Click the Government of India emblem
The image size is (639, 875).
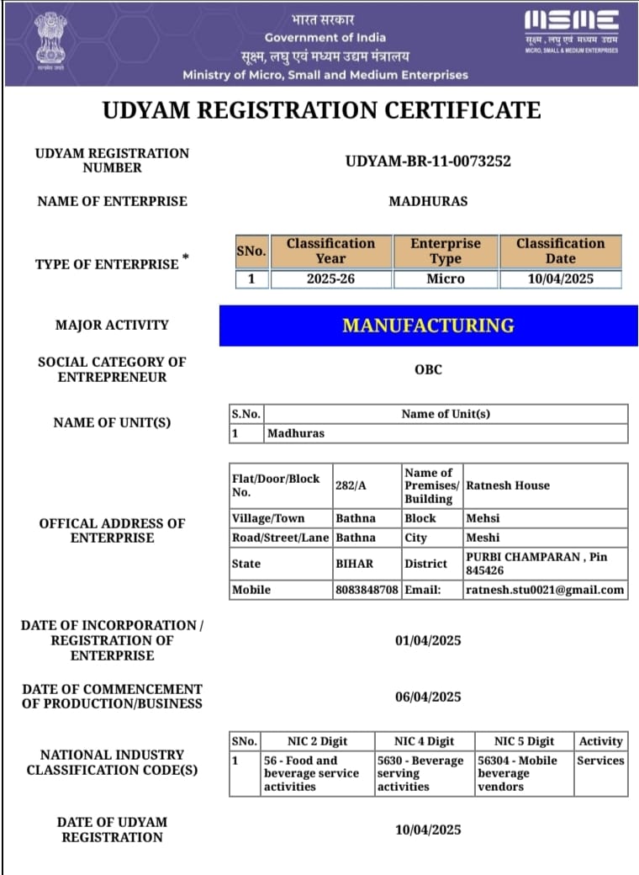(x=50, y=40)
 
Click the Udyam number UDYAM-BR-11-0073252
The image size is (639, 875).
(x=428, y=161)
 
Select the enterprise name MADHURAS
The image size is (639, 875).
(x=428, y=201)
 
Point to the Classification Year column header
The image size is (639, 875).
(x=330, y=251)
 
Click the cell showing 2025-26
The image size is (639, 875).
(x=330, y=278)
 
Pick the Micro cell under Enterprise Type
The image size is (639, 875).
(x=445, y=278)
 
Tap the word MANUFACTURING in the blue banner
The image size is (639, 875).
(x=428, y=325)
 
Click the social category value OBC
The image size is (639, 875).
(x=428, y=369)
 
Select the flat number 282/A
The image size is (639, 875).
(x=350, y=485)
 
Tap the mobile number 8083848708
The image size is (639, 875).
(x=367, y=590)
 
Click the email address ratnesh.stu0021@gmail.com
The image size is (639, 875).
(x=545, y=590)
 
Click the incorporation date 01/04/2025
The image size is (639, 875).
(x=428, y=641)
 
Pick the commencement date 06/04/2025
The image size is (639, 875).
(x=428, y=697)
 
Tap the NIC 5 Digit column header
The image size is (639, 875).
(x=524, y=741)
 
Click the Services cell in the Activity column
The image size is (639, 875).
(x=600, y=761)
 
